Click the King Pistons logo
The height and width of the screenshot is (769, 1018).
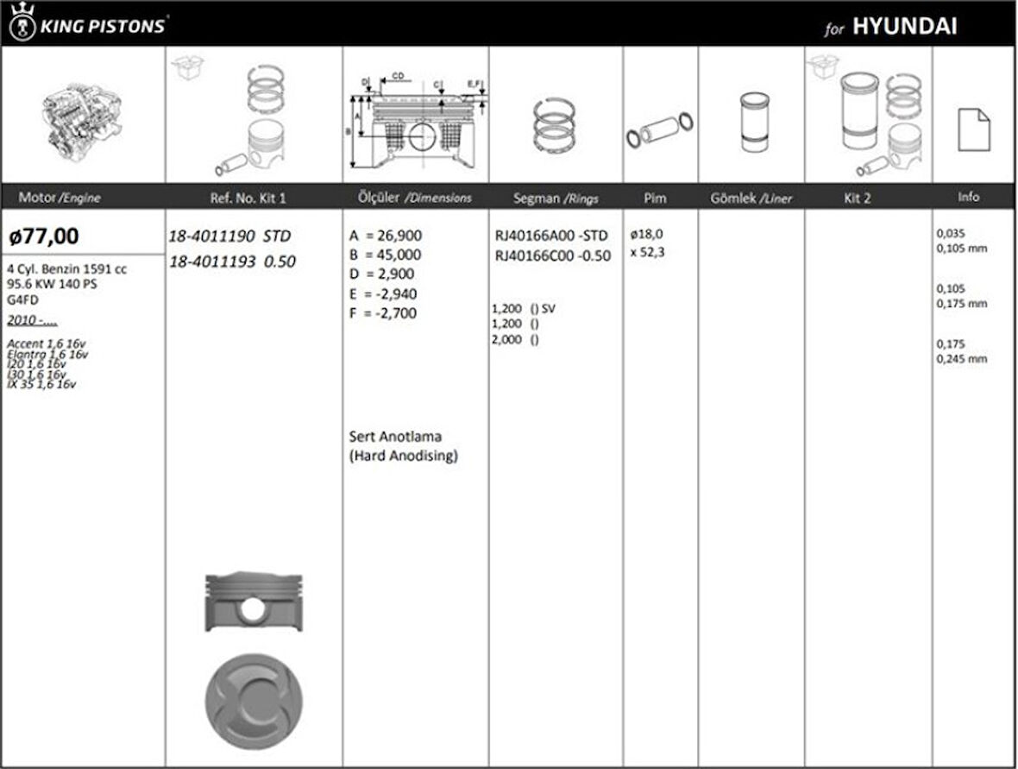[x=87, y=23]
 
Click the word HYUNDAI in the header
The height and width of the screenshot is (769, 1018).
[x=904, y=26]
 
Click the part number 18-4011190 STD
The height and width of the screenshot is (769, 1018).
[x=230, y=236]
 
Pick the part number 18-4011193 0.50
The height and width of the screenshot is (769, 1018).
[x=232, y=262]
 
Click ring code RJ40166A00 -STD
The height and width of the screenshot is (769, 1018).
[x=551, y=236]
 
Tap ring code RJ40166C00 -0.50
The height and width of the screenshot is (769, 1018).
[x=552, y=255]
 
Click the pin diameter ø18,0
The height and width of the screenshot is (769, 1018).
[x=646, y=234]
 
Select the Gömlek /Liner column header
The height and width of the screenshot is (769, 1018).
[x=751, y=198]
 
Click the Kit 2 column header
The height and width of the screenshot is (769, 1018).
[x=857, y=198]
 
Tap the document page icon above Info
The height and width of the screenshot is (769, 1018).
[x=973, y=129]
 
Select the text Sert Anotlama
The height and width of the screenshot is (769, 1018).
[x=395, y=437]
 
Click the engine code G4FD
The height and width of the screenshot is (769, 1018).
[x=22, y=300]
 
